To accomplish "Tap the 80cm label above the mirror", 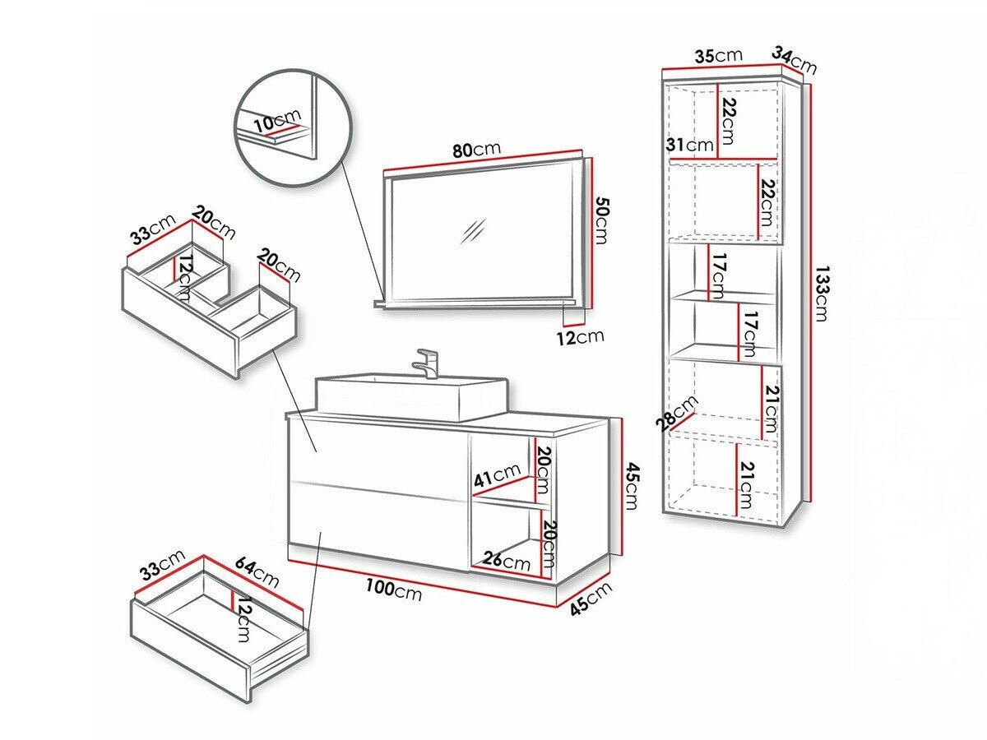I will coord(476,150).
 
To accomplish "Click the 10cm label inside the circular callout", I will coord(277,123).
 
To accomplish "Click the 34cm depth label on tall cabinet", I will coord(794,61).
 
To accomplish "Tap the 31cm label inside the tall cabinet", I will coord(689,146).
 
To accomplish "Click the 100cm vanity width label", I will coord(394,590).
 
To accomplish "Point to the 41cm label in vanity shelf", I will coord(496,474).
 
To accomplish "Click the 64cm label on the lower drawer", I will coord(257,572).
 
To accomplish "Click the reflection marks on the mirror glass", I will coord(475,231).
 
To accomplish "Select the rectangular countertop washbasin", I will coord(410,396).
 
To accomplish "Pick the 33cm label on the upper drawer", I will coord(153,234).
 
